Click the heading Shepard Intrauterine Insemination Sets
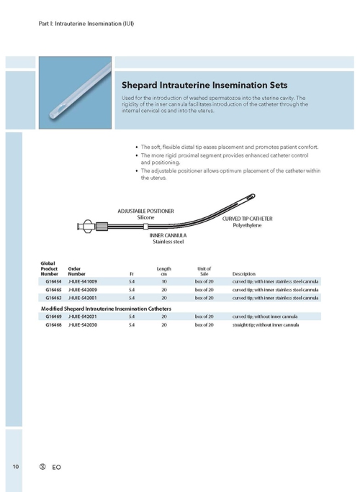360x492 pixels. coord(204,84)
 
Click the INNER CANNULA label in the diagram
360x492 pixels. coord(168,235)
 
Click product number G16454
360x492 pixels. coord(53,281)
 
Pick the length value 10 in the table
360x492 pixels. coord(164,281)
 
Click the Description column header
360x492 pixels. coord(244,274)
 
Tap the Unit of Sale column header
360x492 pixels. coord(204,271)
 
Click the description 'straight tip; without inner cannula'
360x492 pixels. coord(266,325)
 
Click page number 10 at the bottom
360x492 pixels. coord(15,467)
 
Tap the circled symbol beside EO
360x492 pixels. coord(42,467)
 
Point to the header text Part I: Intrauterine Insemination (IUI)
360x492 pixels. coord(86,24)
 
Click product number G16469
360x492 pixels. coord(53,316)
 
